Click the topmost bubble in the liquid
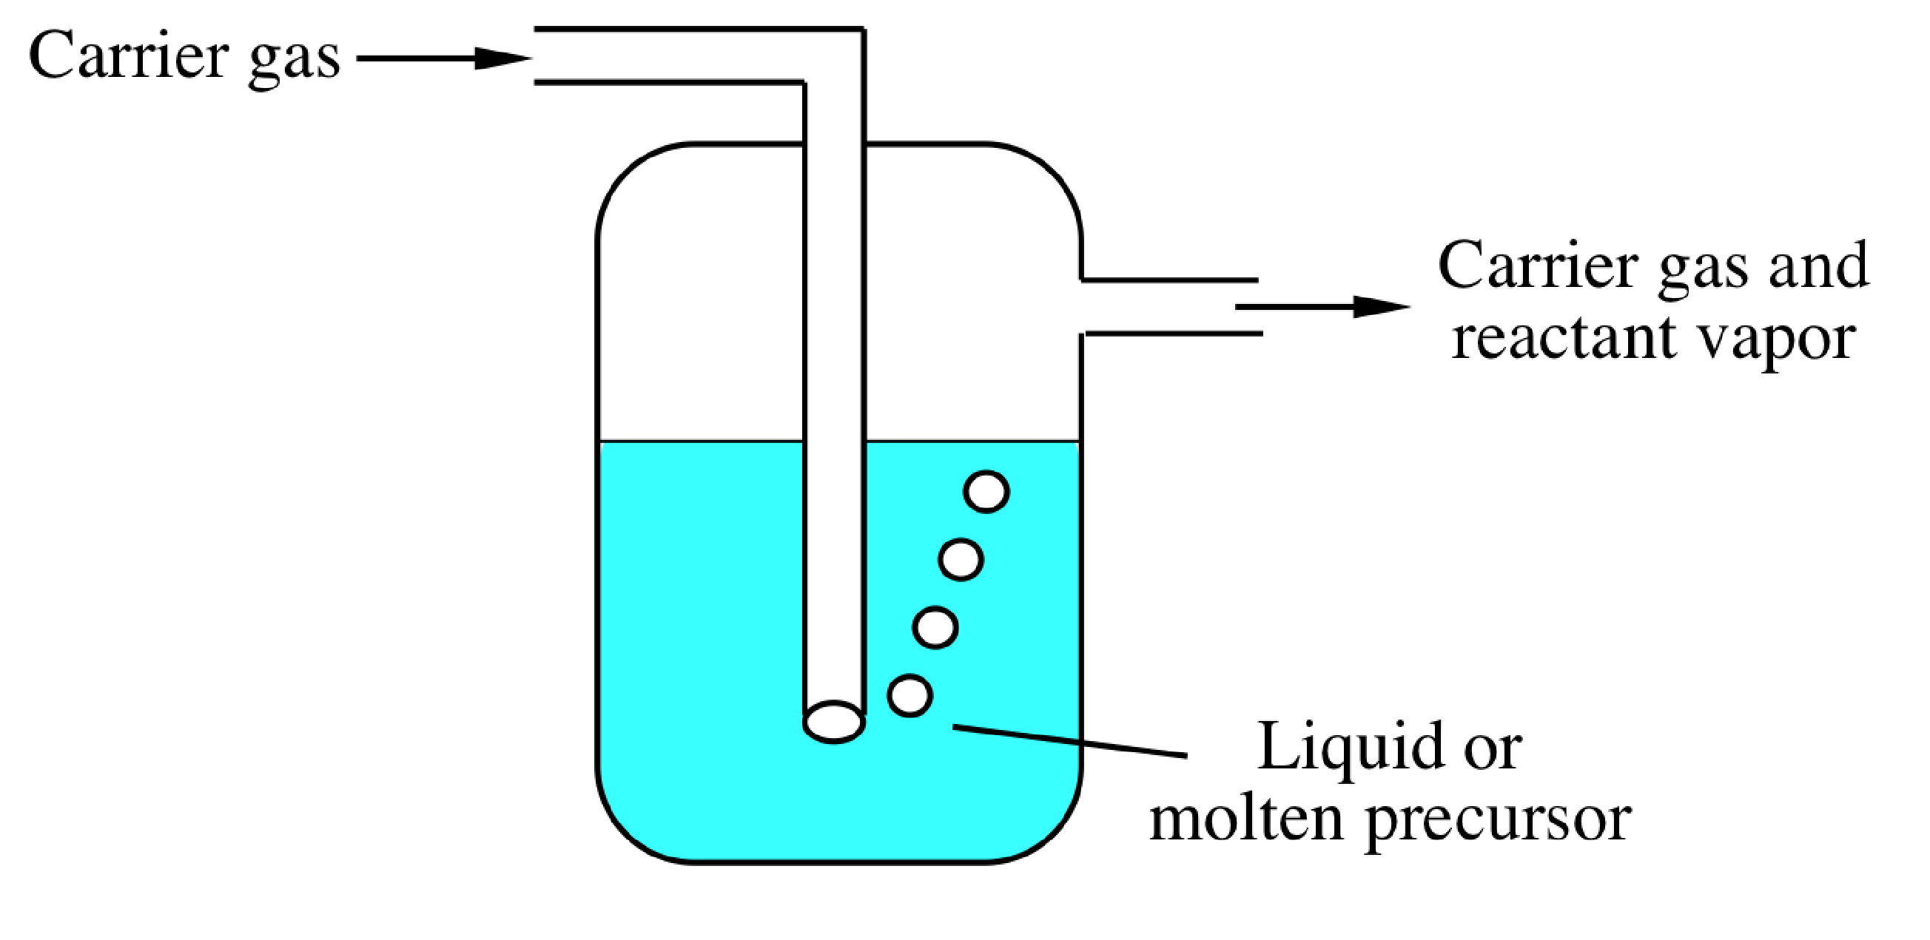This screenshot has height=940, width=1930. (x=986, y=492)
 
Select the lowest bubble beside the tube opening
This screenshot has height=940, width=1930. (x=909, y=695)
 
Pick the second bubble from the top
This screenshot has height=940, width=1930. (x=961, y=560)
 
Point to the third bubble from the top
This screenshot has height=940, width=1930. (x=935, y=627)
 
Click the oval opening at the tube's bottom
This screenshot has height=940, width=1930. (x=834, y=722)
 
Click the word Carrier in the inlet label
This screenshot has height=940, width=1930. (x=128, y=56)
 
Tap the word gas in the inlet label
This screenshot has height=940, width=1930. (x=294, y=60)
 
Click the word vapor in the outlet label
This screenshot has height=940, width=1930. (x=1775, y=341)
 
